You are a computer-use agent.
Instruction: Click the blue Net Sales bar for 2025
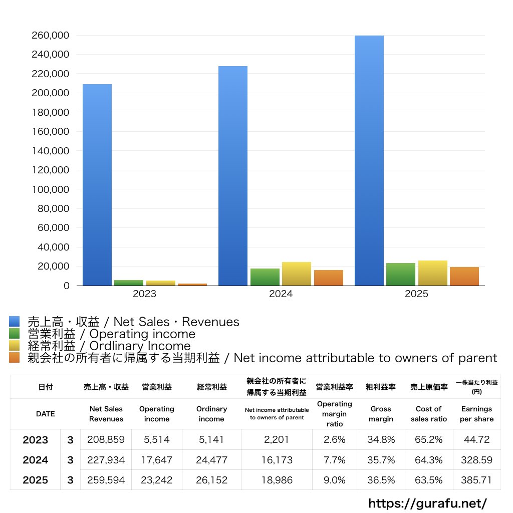[x=369, y=161]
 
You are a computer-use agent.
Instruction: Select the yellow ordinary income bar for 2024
[x=297, y=274]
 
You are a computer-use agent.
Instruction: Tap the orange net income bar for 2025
[x=464, y=277]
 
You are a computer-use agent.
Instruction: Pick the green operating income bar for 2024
[x=265, y=277]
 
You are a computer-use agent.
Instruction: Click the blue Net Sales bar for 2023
[x=97, y=185]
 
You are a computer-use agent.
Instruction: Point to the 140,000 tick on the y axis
[x=51, y=151]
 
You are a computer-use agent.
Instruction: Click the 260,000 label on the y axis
[x=51, y=36]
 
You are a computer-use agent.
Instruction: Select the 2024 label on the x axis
[x=281, y=294]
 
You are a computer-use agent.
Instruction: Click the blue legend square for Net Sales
[x=15, y=321]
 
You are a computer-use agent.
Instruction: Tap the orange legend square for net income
[x=15, y=357]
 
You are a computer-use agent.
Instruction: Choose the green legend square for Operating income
[x=15, y=333]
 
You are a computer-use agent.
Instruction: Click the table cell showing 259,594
[x=106, y=480]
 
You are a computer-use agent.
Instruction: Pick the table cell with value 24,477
[x=212, y=460]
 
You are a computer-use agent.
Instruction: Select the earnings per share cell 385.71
[x=477, y=480]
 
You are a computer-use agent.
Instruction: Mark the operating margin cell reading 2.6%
[x=334, y=439]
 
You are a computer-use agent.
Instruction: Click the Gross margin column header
[x=381, y=414]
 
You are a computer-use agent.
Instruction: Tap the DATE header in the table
[x=46, y=414]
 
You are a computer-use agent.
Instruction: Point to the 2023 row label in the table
[x=36, y=440]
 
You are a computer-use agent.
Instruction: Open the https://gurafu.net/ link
[x=428, y=503]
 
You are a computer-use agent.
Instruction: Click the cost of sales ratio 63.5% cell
[x=429, y=480]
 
